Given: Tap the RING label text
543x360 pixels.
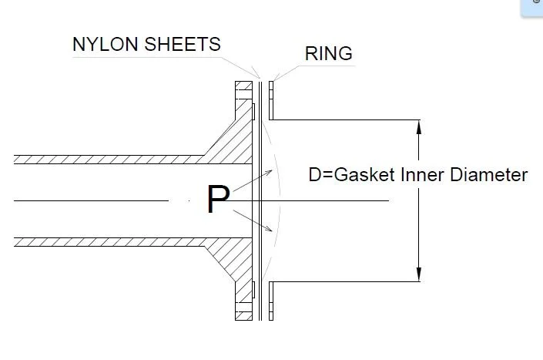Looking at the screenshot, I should (x=329, y=54).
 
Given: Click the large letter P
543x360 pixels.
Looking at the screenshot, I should (x=218, y=200).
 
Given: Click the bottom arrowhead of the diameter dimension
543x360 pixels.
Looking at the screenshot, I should (x=418, y=275).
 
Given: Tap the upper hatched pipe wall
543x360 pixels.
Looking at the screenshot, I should (x=108, y=160).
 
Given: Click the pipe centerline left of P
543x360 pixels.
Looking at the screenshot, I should (x=92, y=200).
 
